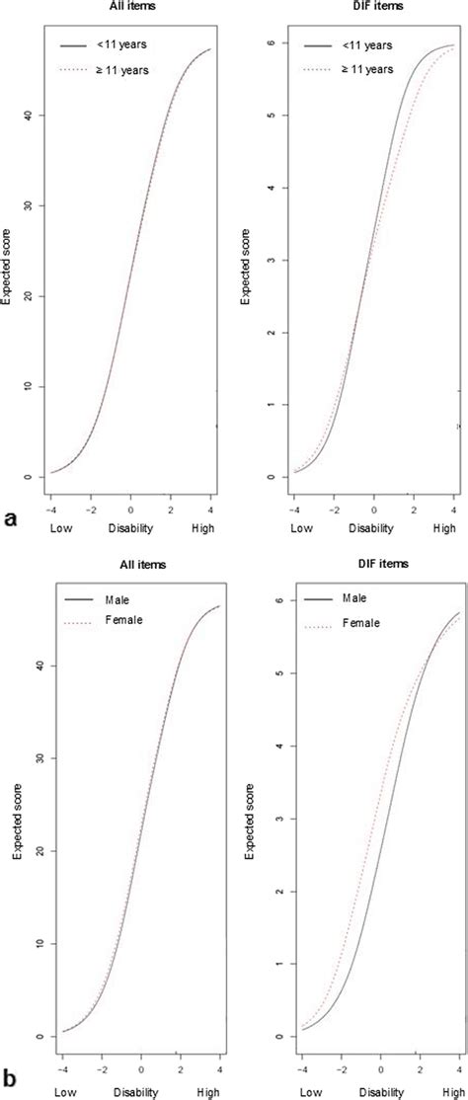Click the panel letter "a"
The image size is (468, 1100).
point(9,517)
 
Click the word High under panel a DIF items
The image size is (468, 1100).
point(444,528)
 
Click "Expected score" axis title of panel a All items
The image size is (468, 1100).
point(8,261)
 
